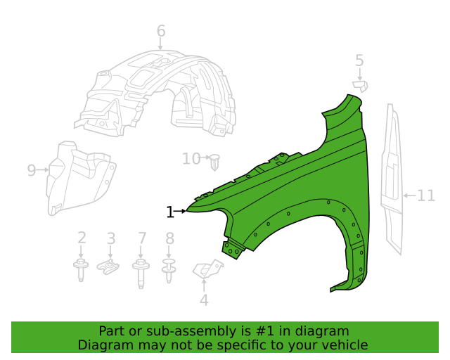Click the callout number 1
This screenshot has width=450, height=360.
point(169,212)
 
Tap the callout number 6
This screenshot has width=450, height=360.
point(161,31)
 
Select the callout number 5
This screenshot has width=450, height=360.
point(359,61)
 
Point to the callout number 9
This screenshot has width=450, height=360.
point(32,170)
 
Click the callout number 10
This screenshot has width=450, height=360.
point(191,159)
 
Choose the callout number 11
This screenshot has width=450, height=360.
point(426,195)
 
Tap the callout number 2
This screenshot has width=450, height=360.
point(82,238)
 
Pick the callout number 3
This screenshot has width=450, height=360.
point(111,238)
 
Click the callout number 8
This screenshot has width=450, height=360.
point(169,238)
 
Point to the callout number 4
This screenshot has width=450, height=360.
point(204,300)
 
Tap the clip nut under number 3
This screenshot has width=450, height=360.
point(108,266)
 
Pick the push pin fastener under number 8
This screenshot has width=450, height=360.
point(169,270)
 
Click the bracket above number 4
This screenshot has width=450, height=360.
point(208,269)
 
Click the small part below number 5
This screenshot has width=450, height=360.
point(361,86)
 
